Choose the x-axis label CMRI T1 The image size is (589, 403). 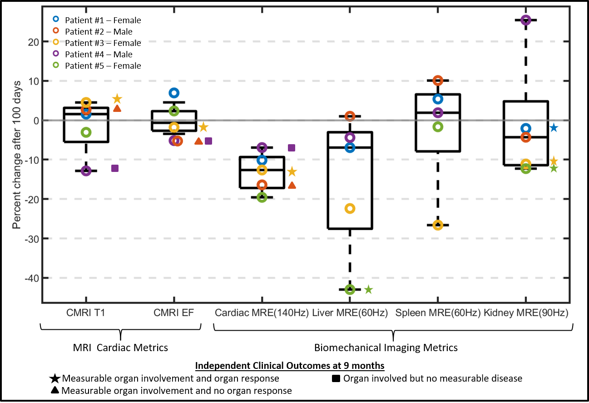coord(86,313)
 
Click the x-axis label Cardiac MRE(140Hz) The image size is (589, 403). coord(262,313)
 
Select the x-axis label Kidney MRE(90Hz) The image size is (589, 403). coord(525,313)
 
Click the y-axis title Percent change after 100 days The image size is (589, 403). coord(17,155)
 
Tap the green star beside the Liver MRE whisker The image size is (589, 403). coord(368,289)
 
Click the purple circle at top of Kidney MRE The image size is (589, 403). coord(526,20)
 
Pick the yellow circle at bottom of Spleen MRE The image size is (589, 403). coord(438,225)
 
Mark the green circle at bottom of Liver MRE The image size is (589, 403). coord(350,289)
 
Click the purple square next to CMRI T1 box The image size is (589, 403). coord(115,168)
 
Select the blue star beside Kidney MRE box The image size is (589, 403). coord(554,128)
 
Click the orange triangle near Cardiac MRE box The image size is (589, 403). coord(292,185)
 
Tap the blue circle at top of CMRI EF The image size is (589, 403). coord(174,93)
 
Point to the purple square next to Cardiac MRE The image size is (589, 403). coord(292,147)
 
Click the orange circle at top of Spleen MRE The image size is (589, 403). coord(438,81)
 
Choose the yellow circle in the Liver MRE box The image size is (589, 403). coord(350,208)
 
